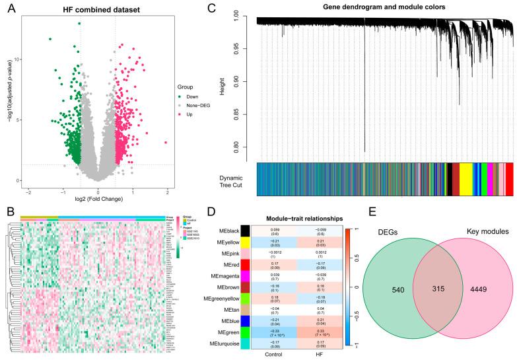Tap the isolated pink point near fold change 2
pyautogui.click(x=166, y=143)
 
